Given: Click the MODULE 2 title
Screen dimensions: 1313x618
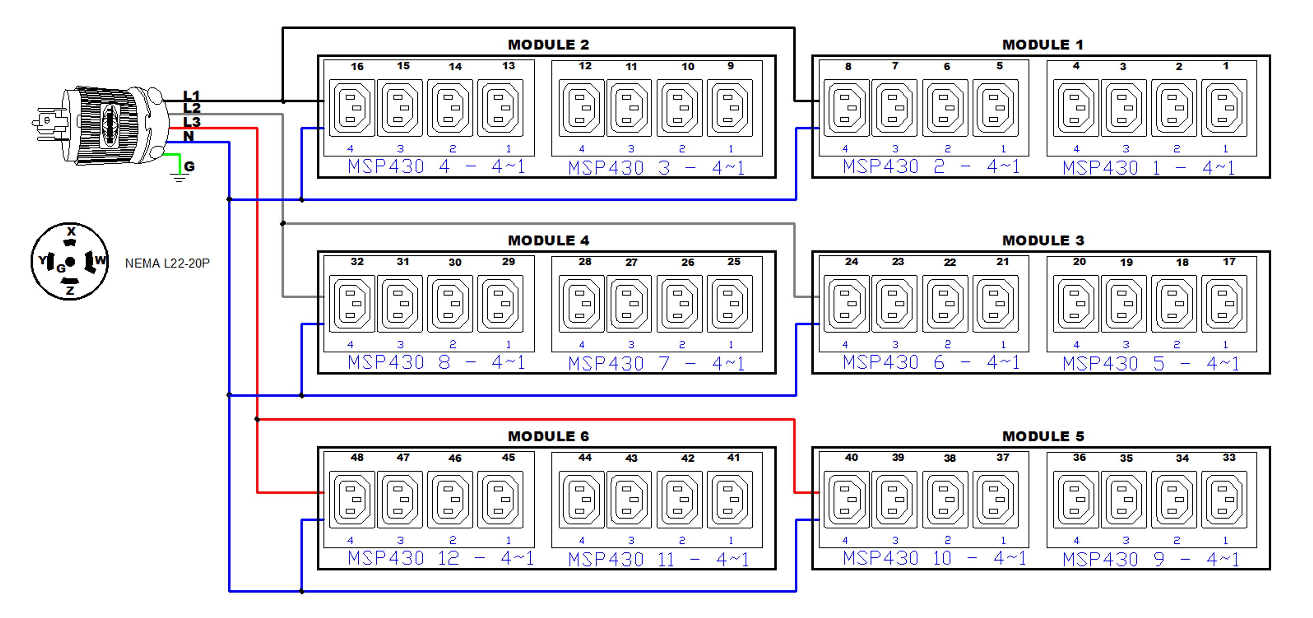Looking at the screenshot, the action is coord(548,45).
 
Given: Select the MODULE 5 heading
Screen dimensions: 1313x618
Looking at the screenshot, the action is coord(1043,436).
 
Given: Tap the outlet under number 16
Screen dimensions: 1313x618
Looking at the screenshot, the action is coord(352,108).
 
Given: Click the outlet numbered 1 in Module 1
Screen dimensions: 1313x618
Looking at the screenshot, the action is coord(1224,108).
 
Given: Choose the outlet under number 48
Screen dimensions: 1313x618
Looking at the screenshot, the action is coord(352,500).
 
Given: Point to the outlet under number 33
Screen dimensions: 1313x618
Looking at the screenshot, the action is coord(1224,500).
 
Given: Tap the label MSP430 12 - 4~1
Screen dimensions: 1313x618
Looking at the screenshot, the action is coord(440,559).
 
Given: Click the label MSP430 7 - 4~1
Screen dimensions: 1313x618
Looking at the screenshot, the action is coord(656,364).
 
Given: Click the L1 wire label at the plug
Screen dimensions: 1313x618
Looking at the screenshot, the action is coord(191,95).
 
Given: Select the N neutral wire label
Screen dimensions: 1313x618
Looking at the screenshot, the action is coord(189,136).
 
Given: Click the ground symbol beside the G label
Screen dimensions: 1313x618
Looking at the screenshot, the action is coord(179,177).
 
